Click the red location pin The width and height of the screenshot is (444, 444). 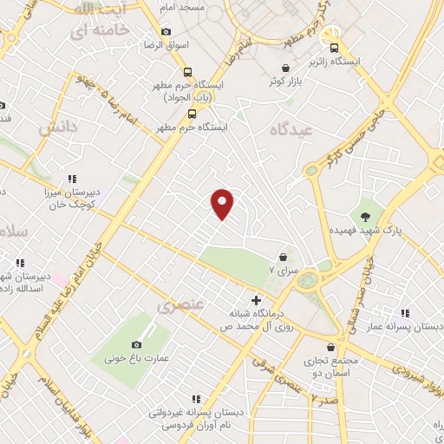223,203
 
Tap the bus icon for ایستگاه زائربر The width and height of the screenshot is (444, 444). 331,38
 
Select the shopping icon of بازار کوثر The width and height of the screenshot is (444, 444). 285,67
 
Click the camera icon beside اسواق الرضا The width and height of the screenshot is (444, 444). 166,32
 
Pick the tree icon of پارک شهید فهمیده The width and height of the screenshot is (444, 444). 364,214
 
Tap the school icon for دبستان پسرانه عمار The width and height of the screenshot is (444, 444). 405,313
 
